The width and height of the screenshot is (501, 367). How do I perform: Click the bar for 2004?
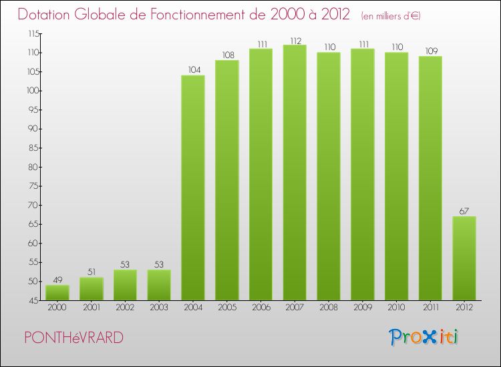(193, 188)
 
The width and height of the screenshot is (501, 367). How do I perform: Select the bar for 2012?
(464, 258)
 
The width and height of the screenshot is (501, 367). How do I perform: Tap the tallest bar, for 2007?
(295, 172)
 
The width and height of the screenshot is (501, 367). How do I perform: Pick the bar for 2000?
(57, 292)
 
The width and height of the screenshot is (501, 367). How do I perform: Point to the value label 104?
(193, 69)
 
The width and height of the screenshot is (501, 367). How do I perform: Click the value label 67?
(464, 211)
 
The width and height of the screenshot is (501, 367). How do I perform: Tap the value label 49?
(57, 279)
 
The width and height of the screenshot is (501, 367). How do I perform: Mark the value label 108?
(227, 55)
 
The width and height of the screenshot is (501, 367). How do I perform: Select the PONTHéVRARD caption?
(73, 338)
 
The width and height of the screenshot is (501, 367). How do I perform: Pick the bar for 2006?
(261, 174)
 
